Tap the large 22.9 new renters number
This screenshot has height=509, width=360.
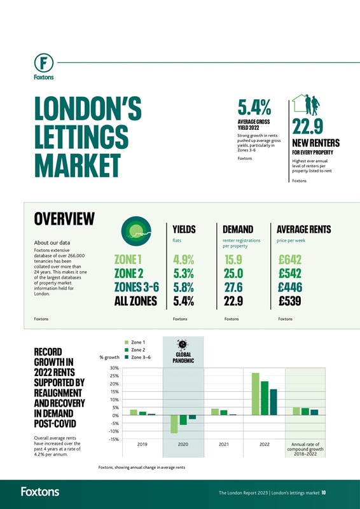click(x=310, y=127)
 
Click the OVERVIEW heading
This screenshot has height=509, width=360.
click(x=64, y=219)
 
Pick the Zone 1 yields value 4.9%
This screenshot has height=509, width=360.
click(x=184, y=261)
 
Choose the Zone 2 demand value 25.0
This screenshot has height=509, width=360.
click(x=235, y=274)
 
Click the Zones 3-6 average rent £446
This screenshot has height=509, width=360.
click(x=293, y=287)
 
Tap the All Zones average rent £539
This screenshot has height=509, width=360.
click(x=293, y=301)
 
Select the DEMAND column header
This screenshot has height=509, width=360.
click(x=238, y=229)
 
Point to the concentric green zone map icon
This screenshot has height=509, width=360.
click(x=136, y=230)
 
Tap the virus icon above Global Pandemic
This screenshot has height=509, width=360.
click(x=183, y=344)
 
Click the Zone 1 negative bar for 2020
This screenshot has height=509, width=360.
click(x=174, y=424)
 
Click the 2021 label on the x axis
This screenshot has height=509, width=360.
click(x=224, y=445)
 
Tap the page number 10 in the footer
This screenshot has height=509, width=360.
click(x=324, y=492)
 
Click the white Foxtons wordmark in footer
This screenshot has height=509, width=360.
click(x=40, y=491)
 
